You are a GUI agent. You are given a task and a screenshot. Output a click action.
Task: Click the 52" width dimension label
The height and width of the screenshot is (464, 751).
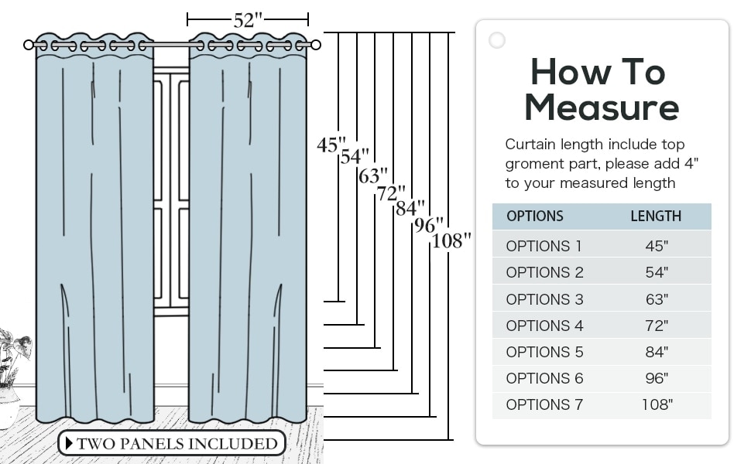point(248,20)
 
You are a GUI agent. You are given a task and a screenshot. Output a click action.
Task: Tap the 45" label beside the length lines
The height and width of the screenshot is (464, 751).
point(331,145)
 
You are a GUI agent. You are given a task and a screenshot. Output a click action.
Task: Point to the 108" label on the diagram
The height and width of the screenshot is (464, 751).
point(451,241)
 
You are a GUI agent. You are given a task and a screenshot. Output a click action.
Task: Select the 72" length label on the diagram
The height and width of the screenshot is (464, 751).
point(391,193)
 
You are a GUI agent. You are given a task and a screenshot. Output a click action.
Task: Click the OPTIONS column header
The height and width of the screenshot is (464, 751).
point(534,217)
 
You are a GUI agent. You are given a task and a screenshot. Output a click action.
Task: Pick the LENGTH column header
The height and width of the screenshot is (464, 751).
point(656,217)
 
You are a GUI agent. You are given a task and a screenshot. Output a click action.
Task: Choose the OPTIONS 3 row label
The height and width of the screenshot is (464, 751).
point(544,299)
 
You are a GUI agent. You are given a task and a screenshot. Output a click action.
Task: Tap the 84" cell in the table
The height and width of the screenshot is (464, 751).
point(657,352)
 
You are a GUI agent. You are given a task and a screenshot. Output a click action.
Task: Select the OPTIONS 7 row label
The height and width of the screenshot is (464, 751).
point(544,404)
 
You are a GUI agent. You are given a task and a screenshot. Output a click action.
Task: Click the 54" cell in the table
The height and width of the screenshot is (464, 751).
point(657,272)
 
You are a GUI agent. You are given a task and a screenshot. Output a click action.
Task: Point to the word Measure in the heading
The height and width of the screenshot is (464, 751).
point(602,107)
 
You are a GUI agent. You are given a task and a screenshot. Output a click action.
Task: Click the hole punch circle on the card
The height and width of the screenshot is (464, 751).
point(497,40)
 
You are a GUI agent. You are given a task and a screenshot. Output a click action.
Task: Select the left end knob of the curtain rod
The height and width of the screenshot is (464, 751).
point(28,45)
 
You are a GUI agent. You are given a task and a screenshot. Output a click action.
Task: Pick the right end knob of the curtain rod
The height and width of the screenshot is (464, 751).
point(316,45)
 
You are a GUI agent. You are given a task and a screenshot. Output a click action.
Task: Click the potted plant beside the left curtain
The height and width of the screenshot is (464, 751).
point(12,378)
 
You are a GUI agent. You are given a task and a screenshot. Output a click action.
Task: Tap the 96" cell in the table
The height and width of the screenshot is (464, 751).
point(657,378)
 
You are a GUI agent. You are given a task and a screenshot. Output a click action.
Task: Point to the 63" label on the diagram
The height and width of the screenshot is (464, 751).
point(373,176)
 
